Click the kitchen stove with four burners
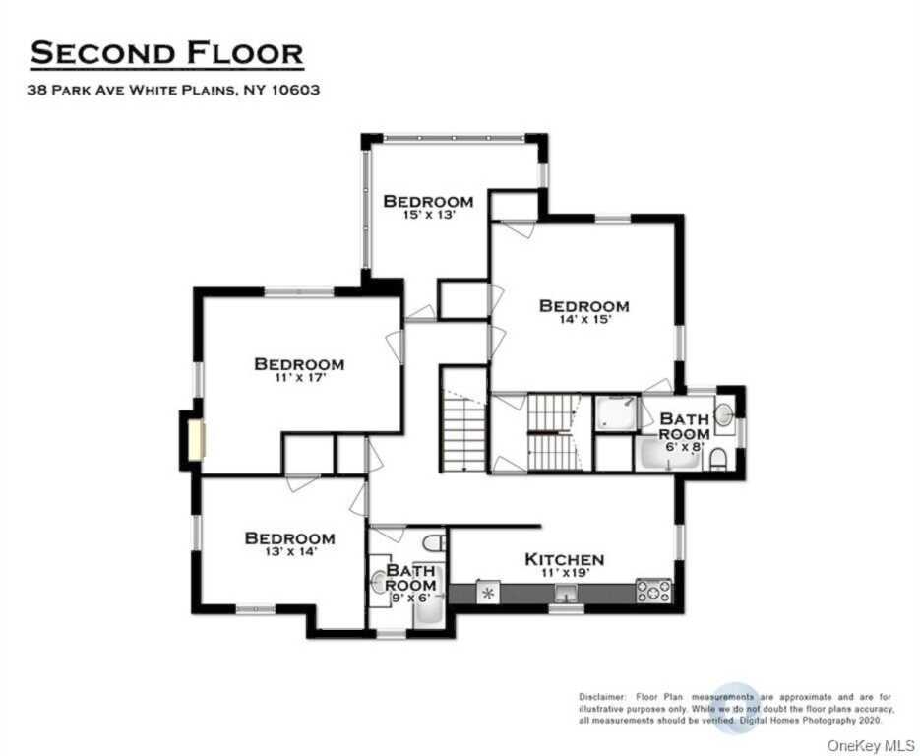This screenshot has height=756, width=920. click(x=653, y=591)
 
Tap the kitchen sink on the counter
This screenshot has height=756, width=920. click(x=564, y=592)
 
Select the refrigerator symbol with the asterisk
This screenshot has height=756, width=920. click(x=487, y=593)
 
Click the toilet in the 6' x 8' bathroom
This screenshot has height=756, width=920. click(x=718, y=459)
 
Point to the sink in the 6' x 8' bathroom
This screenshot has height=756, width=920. click(x=723, y=415)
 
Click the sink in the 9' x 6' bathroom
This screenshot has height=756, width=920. click(x=379, y=583)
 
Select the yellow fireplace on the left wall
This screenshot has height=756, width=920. click(x=197, y=439)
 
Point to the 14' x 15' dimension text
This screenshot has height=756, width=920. click(x=583, y=321)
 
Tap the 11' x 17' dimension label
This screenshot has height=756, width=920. click(x=299, y=378)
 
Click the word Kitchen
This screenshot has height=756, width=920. click(x=564, y=559)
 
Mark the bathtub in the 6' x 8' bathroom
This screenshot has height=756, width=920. click(x=669, y=456)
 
